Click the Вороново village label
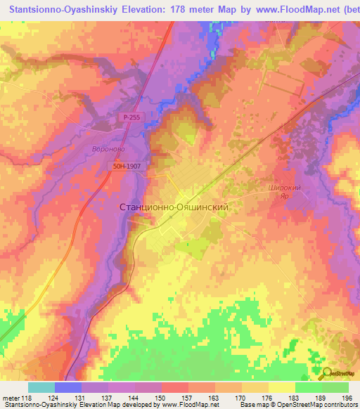point(109,150)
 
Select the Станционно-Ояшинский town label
point(174,208)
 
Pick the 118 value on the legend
point(27,398)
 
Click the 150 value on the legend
point(161,398)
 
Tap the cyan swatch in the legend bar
point(41,387)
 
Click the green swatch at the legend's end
point(335,387)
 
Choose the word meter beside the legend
point(11,398)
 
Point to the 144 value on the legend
point(134,398)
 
